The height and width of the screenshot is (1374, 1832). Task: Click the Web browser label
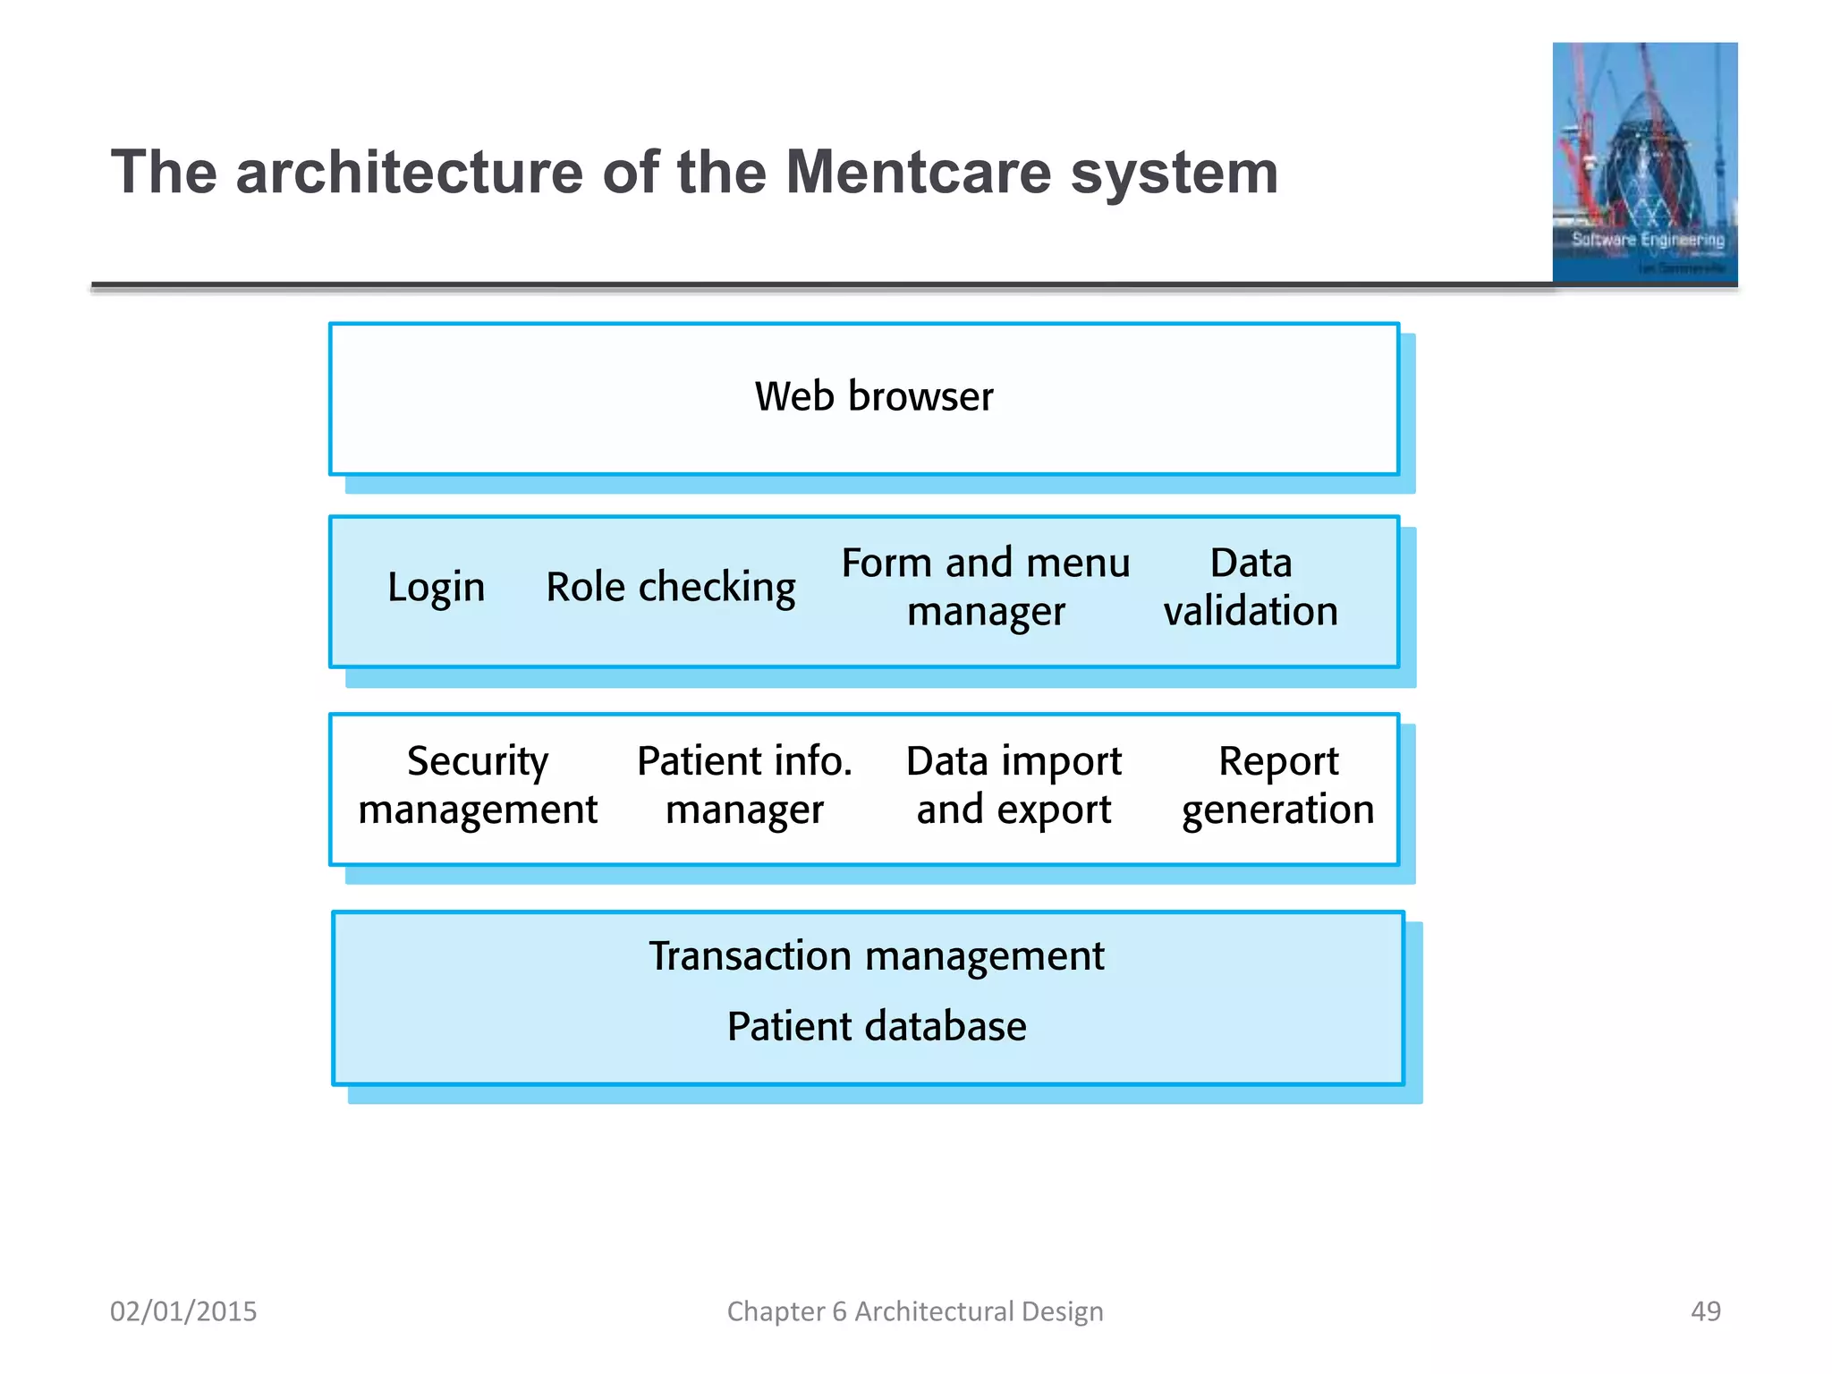click(873, 396)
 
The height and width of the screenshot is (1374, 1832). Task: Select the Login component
click(436, 588)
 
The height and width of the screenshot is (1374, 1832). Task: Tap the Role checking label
click(670, 588)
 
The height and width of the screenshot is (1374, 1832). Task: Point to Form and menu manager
click(985, 587)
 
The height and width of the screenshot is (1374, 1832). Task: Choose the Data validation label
click(1250, 587)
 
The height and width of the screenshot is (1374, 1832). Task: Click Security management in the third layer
click(477, 785)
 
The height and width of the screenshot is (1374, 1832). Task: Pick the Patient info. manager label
click(743, 785)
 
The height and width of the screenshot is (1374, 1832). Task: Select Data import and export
click(1014, 785)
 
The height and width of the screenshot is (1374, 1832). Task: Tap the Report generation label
click(1277, 785)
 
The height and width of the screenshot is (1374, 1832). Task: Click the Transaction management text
click(876, 956)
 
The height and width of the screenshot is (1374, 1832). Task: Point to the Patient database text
click(876, 1026)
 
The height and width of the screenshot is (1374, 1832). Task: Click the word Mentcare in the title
click(918, 172)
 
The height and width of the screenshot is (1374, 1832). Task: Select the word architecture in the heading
click(409, 172)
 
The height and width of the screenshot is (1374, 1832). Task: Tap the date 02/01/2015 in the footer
click(183, 1311)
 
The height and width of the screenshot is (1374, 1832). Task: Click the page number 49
click(1705, 1311)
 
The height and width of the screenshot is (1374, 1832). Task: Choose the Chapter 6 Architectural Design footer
click(914, 1311)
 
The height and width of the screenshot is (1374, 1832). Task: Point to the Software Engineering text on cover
click(1648, 240)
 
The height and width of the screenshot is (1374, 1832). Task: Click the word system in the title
click(1174, 172)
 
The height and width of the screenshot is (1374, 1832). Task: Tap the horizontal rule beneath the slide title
click(805, 286)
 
